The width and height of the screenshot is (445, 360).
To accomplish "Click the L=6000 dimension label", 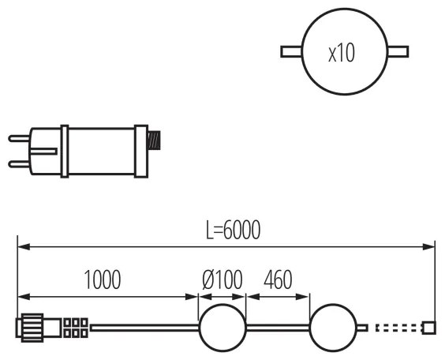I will [x=228, y=230].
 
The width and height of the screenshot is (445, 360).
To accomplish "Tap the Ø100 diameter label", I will [x=221, y=279].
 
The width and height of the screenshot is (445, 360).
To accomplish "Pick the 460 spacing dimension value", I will [x=277, y=279].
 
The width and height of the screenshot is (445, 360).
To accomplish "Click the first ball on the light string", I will [x=222, y=327].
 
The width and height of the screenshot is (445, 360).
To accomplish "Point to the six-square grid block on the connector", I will [x=75, y=328].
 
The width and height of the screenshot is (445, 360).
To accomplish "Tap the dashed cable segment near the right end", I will [x=398, y=327].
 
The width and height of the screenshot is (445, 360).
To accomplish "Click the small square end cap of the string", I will [x=429, y=327].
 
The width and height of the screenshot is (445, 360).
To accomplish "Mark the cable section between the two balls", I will [x=278, y=327].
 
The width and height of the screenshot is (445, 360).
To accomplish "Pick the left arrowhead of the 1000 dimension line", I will [x=22, y=298].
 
